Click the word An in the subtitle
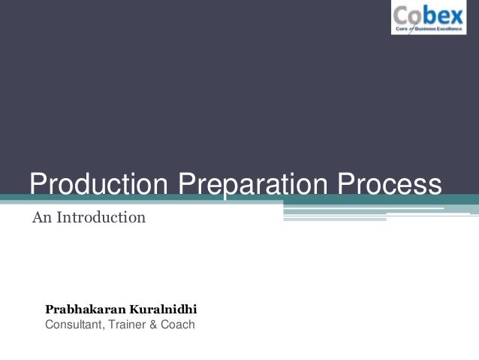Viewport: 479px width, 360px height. coord(41,219)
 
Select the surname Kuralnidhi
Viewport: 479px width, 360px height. coord(165,309)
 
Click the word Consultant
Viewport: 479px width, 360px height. coord(74,325)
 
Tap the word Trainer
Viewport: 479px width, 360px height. coord(128,325)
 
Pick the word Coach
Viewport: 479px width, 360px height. coord(177,325)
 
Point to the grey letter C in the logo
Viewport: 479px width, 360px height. coord(402,14)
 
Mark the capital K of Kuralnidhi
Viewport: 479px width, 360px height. coord(139,309)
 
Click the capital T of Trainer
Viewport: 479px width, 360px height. coord(111,325)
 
